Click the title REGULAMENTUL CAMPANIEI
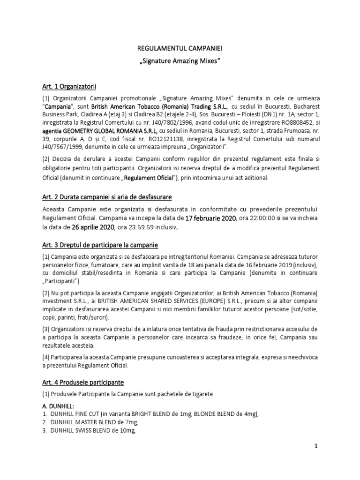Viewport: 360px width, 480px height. pos(180,48)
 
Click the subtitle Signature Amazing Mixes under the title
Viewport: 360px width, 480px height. pos(180,61)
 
